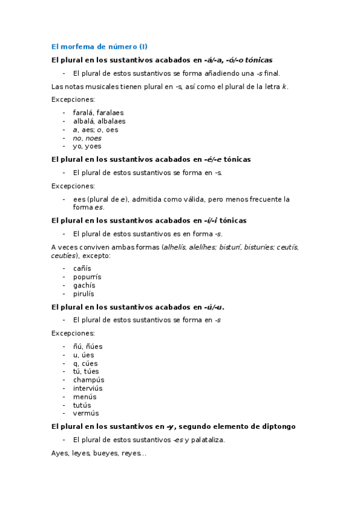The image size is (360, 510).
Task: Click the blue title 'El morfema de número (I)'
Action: [x=99, y=46]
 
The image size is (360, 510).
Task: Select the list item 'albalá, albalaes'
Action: [x=99, y=121]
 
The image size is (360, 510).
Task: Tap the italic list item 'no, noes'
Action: [x=87, y=138]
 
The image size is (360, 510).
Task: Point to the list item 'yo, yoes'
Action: [x=87, y=146]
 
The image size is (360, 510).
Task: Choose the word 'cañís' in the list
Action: [x=82, y=268]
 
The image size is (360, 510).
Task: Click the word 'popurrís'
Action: [x=87, y=277]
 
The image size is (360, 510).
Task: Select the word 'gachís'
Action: [x=84, y=285]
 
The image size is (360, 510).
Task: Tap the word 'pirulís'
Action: [x=84, y=294]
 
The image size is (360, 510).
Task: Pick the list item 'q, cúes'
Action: [x=85, y=363]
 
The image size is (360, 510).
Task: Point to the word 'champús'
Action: [x=88, y=380]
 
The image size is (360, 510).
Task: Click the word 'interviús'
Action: [x=89, y=389]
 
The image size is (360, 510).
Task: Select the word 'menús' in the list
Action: [x=84, y=397]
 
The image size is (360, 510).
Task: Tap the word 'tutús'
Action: [x=83, y=405]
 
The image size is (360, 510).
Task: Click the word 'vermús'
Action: [x=86, y=413]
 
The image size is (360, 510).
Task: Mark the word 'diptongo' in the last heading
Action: [x=277, y=426]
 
